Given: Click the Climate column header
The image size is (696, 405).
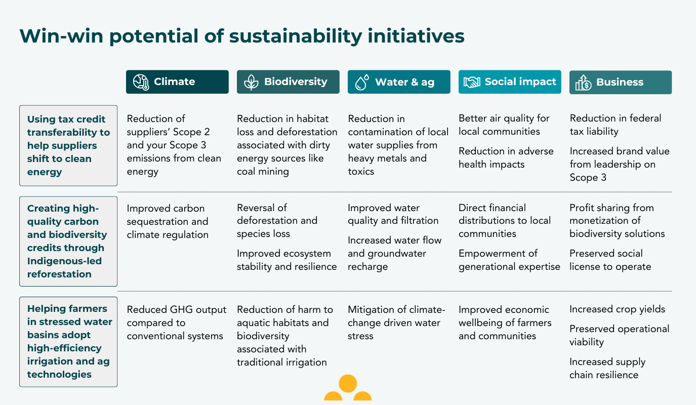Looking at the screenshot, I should tap(177, 82).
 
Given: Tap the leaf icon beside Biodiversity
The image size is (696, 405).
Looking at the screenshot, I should tap(251, 82).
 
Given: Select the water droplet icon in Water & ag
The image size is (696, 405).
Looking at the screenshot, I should tap(361, 82).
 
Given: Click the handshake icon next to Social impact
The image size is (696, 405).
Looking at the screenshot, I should tap(472, 82).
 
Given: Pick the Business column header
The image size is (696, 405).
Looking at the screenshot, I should tap(620, 83).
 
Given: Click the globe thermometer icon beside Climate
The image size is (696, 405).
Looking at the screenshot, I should tap(141, 82).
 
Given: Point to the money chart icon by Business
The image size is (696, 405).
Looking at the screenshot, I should tap(583, 83).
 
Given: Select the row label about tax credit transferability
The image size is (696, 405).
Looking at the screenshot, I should tap(68, 146).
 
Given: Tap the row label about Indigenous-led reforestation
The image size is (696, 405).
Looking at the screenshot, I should tap(68, 241).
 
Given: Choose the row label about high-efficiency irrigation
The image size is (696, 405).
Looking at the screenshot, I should tap(68, 342).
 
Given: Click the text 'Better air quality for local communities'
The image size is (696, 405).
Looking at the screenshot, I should tap(504, 125).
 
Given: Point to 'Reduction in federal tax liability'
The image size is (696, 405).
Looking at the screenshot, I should tap(615, 125).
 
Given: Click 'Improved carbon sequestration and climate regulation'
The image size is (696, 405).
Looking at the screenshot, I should tap(168, 221).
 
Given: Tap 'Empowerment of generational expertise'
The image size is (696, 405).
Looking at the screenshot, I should tap(509, 260).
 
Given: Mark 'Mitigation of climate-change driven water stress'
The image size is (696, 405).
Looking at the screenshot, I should tap(396, 322).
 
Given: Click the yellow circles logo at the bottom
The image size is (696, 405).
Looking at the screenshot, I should tap(348, 389).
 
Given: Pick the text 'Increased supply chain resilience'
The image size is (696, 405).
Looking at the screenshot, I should tap(607, 369).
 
